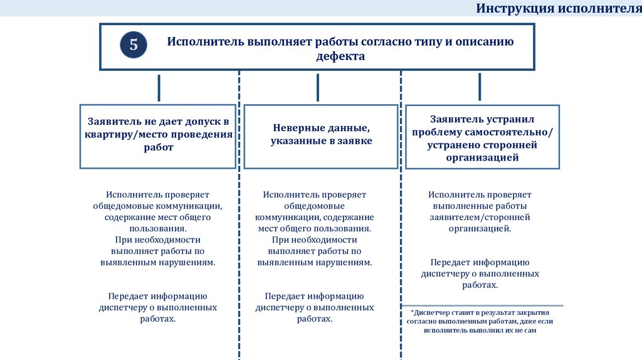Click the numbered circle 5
pyautogui.click(x=134, y=45)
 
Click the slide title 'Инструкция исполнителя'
pyautogui.click(x=559, y=9)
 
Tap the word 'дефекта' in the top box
pyautogui.click(x=340, y=56)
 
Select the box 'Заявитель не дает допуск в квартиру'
pyautogui.click(x=158, y=136)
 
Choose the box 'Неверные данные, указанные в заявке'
pyautogui.click(x=321, y=136)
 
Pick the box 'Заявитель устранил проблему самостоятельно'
pyautogui.click(x=482, y=137)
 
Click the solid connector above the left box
pyautogui.click(x=159, y=88)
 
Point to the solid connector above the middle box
pyautogui.click(x=318, y=88)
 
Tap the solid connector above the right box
pyautogui.click(x=480, y=87)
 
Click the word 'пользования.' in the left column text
pyautogui.click(x=158, y=228)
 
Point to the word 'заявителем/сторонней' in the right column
pyautogui.click(x=480, y=217)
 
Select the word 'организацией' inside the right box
pyautogui.click(x=482, y=157)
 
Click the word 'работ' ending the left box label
pyautogui.click(x=158, y=147)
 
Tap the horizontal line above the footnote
pyautogui.click(x=482, y=305)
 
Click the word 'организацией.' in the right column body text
pyautogui.click(x=480, y=228)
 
